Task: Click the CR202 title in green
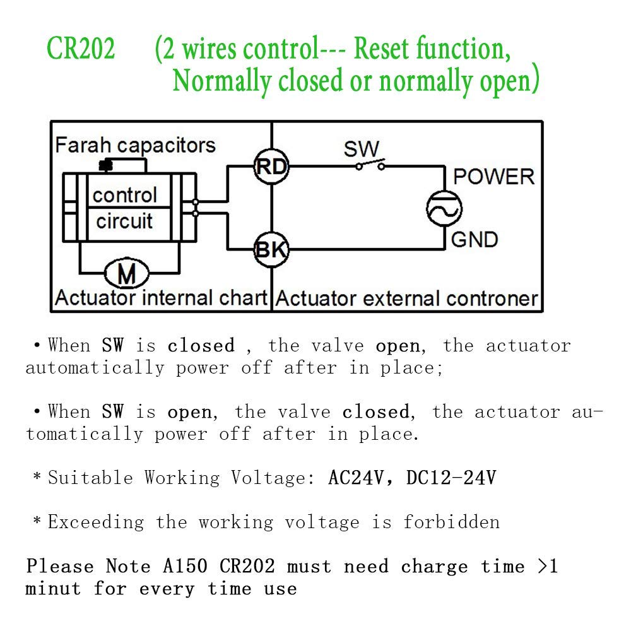click(x=81, y=50)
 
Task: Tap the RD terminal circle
click(x=271, y=167)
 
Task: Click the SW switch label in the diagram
click(x=361, y=150)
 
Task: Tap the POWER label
click(x=493, y=177)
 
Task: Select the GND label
click(x=475, y=240)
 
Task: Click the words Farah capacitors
click(x=135, y=145)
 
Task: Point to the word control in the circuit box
click(x=124, y=195)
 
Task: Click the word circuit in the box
click(x=124, y=221)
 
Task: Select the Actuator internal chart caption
click(x=162, y=298)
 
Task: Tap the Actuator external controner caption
click(x=407, y=298)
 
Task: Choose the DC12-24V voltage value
click(x=451, y=478)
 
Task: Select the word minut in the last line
click(x=53, y=589)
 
